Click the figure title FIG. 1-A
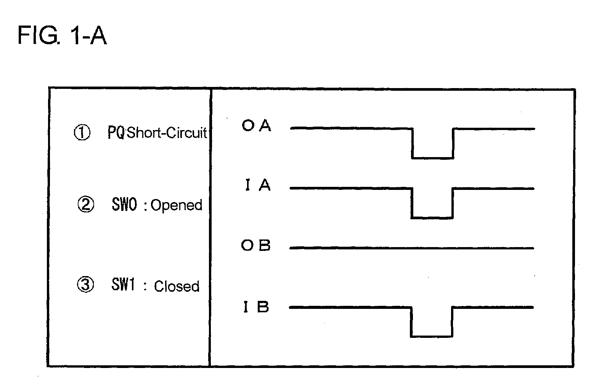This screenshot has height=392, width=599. point(62,35)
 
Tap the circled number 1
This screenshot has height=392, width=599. point(82,133)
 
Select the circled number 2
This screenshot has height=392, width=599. point(85,204)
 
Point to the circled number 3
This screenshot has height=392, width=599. point(85,284)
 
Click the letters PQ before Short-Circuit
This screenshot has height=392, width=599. point(116,132)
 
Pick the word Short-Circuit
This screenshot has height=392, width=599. point(167,133)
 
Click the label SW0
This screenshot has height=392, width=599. point(124,204)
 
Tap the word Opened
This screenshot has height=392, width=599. point(177,206)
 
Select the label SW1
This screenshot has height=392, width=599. point(123,284)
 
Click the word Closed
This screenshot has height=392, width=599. point(177,286)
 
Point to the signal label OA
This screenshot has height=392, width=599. point(257,125)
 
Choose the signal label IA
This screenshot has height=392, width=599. point(258,185)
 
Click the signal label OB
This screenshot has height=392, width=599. point(256,245)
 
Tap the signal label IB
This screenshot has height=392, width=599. point(256,307)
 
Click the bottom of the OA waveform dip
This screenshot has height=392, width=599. point(433,158)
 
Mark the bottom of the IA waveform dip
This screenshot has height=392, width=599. point(432,218)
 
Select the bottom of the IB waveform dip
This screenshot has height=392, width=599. point(432,336)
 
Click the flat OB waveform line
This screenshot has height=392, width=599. point(412,248)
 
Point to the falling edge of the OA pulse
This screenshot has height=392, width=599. point(412,144)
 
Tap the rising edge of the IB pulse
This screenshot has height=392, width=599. point(452,322)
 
